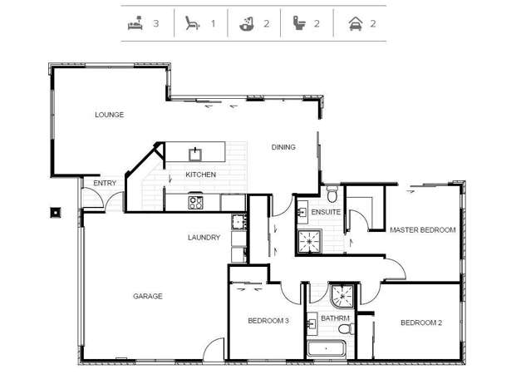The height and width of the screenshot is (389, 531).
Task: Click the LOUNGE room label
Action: (109, 115)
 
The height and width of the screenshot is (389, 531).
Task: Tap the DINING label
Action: (283, 147)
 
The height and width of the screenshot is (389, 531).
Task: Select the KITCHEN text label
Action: (200, 175)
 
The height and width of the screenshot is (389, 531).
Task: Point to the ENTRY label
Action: (105, 184)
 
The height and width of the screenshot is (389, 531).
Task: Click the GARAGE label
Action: (148, 296)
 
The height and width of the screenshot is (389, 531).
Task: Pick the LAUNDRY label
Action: (204, 238)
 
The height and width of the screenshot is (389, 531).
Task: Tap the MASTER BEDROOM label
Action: (422, 230)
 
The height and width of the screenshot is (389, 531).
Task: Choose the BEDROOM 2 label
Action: (421, 323)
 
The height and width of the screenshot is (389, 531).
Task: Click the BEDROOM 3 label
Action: (268, 321)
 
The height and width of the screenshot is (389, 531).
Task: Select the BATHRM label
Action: (335, 318)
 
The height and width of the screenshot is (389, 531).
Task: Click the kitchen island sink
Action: (196, 153)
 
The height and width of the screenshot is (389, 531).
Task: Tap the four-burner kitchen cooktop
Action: (196, 201)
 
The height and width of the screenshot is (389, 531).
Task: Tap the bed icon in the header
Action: (134, 23)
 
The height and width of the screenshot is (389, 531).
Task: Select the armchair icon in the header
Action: (192, 23)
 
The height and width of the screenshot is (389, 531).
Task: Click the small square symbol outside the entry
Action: (56, 211)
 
